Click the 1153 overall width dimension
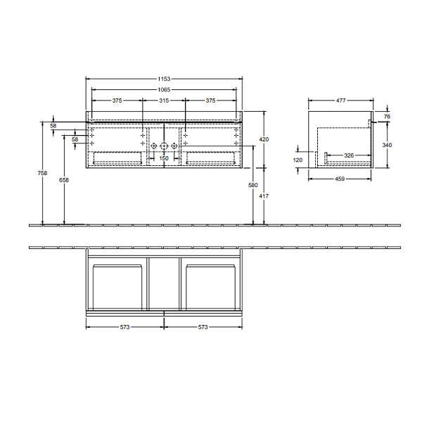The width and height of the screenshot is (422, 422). pyautogui.click(x=164, y=79)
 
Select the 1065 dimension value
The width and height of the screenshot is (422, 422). pyautogui.click(x=164, y=90)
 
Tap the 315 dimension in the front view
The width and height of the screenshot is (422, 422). pyautogui.click(x=164, y=101)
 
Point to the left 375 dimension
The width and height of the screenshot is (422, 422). pyautogui.click(x=117, y=101)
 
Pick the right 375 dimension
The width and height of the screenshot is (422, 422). pyautogui.click(x=210, y=101)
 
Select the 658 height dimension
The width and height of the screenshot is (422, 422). pyautogui.click(x=65, y=181)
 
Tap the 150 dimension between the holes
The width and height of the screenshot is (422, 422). pyautogui.click(x=164, y=159)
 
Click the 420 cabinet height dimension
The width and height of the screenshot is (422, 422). pyautogui.click(x=264, y=140)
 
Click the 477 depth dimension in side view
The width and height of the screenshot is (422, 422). pyautogui.click(x=340, y=101)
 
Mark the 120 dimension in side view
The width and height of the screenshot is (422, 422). pyautogui.click(x=298, y=160)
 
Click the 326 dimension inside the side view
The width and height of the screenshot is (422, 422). pyautogui.click(x=347, y=155)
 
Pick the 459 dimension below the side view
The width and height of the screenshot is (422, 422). pyautogui.click(x=340, y=179)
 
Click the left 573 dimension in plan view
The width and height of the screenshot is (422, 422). pyautogui.click(x=124, y=328)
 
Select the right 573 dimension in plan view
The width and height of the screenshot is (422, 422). pyautogui.click(x=204, y=328)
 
